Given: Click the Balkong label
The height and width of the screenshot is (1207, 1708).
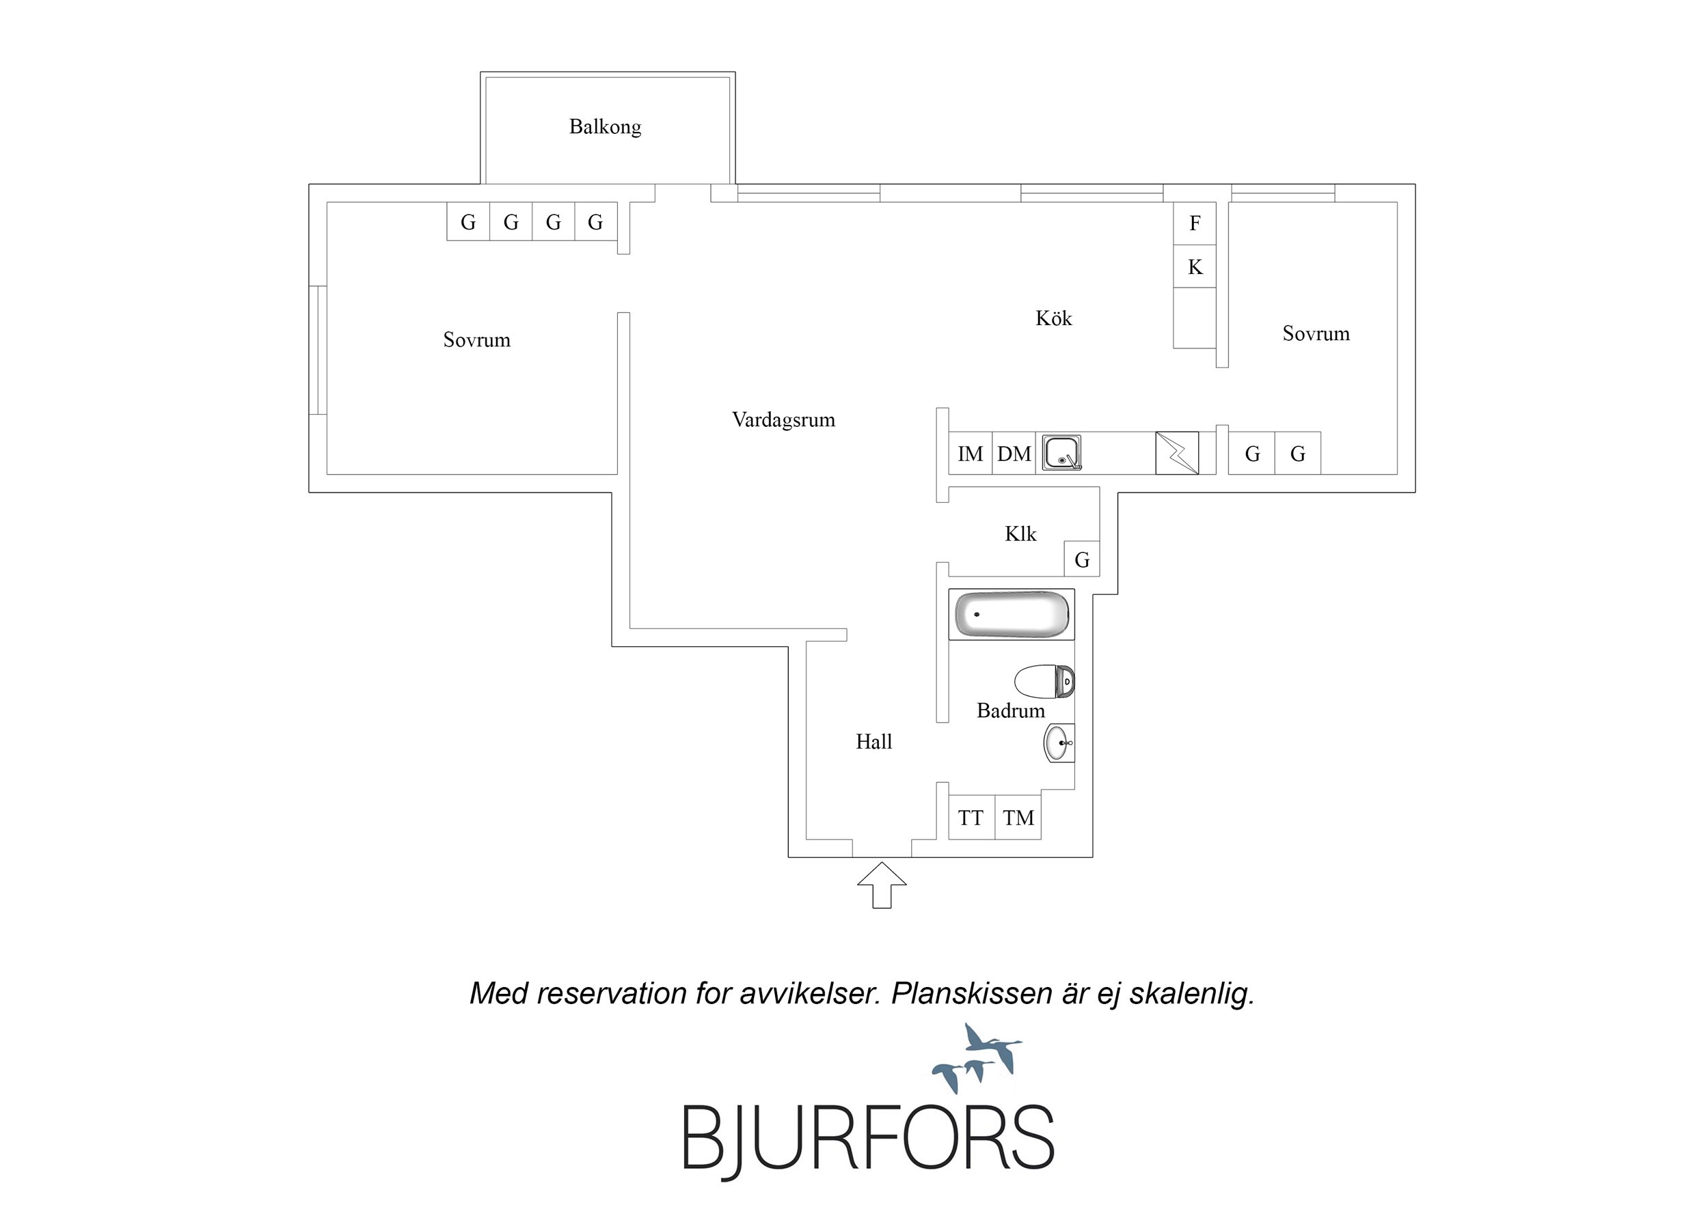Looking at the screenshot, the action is click(x=605, y=127).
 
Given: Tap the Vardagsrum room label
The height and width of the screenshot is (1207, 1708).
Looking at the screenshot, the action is click(x=783, y=420).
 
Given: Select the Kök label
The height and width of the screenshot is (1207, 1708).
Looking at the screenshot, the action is click(x=1053, y=318).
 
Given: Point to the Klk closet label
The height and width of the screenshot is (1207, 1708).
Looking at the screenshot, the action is click(x=1020, y=534).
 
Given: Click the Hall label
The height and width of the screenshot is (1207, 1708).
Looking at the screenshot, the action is click(x=873, y=741).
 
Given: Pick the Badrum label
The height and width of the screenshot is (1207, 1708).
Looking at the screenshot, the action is click(x=1010, y=711).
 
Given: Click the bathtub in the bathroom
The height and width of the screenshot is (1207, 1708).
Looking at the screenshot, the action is click(x=1012, y=614).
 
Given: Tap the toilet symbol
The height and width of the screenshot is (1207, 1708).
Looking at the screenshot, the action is click(x=1044, y=681).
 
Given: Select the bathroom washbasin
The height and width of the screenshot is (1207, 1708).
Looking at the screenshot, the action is click(x=1059, y=743).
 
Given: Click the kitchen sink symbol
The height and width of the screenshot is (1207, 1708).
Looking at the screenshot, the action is click(x=1061, y=453).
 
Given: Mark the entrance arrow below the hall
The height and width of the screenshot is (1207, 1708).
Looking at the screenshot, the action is click(x=882, y=885).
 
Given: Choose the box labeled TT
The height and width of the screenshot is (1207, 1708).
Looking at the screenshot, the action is click(x=971, y=818).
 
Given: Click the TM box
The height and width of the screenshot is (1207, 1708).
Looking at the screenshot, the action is click(x=1018, y=818).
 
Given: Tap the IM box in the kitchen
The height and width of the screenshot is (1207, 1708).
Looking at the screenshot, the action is click(x=970, y=453).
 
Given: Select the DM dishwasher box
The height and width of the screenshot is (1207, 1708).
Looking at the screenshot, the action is click(x=1014, y=453).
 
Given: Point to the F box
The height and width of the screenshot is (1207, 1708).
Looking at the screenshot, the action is click(x=1195, y=223).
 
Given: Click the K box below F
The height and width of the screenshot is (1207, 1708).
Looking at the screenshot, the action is click(x=1195, y=266).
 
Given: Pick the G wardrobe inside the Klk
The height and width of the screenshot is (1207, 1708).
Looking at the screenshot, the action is click(x=1082, y=559).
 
